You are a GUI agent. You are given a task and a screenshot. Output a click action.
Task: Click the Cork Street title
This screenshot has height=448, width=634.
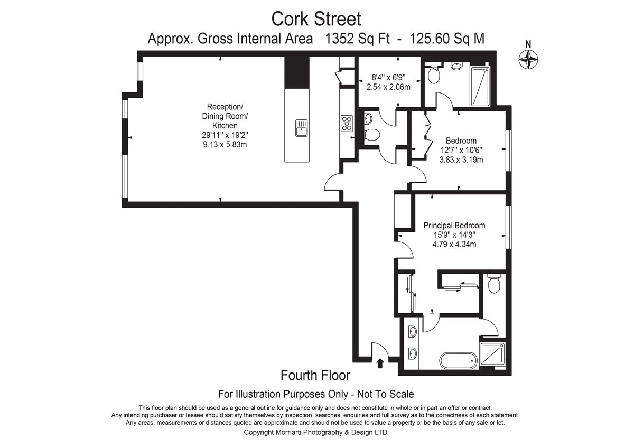[316, 19]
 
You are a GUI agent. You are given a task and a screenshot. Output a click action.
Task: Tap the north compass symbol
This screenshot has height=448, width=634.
[528, 59]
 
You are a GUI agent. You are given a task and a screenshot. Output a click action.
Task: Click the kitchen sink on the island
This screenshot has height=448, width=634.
[302, 128]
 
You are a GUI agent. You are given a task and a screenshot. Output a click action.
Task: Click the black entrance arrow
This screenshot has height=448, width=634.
[380, 363]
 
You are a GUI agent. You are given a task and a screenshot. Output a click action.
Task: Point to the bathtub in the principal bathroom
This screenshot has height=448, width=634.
[458, 360]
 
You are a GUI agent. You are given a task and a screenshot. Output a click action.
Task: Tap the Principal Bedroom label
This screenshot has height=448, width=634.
[454, 225]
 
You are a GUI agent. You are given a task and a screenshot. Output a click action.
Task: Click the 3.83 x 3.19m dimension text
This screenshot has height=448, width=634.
[461, 160]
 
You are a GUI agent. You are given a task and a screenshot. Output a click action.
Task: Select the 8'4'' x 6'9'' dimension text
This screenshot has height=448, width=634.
[388, 77]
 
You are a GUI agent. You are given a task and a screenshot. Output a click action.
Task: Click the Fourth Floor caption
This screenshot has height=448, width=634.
[315, 375]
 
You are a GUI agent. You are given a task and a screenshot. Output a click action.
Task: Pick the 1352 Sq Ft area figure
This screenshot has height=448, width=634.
[358, 39]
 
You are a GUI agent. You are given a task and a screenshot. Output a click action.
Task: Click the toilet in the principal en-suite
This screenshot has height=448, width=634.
[494, 283]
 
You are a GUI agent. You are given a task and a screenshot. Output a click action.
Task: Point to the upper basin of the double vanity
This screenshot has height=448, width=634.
[413, 331]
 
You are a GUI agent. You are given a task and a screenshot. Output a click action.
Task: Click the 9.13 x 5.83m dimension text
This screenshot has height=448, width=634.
[225, 145]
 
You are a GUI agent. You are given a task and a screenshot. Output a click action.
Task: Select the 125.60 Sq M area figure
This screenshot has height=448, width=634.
[447, 39]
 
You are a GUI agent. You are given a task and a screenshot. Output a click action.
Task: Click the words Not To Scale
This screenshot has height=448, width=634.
[386, 394]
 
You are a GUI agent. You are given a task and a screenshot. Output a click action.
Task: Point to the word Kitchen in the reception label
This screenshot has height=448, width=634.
[225, 125]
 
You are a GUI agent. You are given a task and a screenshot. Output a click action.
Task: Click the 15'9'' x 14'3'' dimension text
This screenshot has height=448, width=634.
[454, 235]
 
